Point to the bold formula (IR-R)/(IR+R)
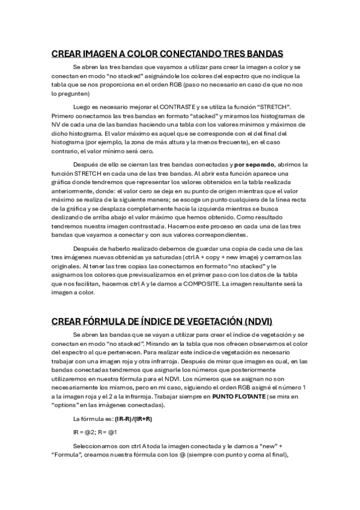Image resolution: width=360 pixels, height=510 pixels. click(133, 419)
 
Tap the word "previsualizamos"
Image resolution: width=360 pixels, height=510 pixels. click(170, 275)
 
